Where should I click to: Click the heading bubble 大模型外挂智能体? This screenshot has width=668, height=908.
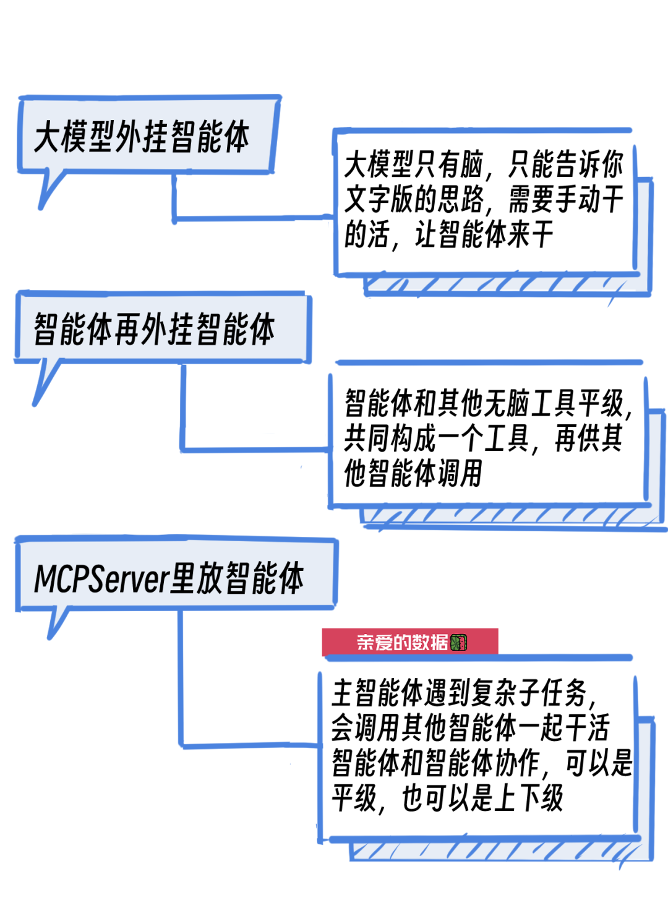click(x=142, y=136)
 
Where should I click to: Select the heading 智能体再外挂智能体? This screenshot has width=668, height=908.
click(x=155, y=328)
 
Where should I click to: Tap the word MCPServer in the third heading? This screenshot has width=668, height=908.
click(x=101, y=579)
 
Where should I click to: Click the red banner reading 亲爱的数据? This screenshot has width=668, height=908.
click(x=402, y=642)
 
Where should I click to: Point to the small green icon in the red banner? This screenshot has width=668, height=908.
click(x=459, y=643)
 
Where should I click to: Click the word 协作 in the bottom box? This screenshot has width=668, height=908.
click(x=517, y=763)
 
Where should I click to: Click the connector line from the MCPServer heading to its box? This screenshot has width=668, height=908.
click(x=181, y=680)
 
